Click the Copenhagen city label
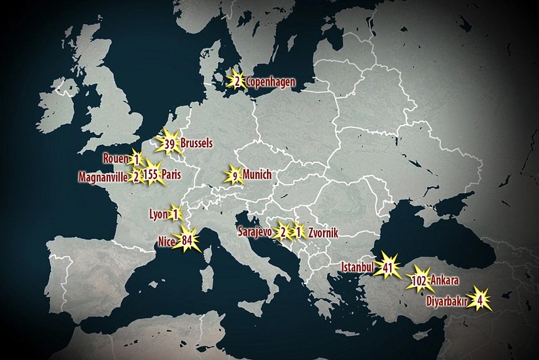point(270,82)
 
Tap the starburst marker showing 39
point(169,144)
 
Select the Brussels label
point(197,143)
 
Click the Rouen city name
point(116,158)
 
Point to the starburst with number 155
point(151,175)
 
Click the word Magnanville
point(103,177)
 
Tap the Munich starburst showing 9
point(234,175)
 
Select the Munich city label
point(256,175)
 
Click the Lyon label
point(159,213)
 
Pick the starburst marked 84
point(186,241)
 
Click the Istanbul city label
point(358,267)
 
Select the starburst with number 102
point(420,281)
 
